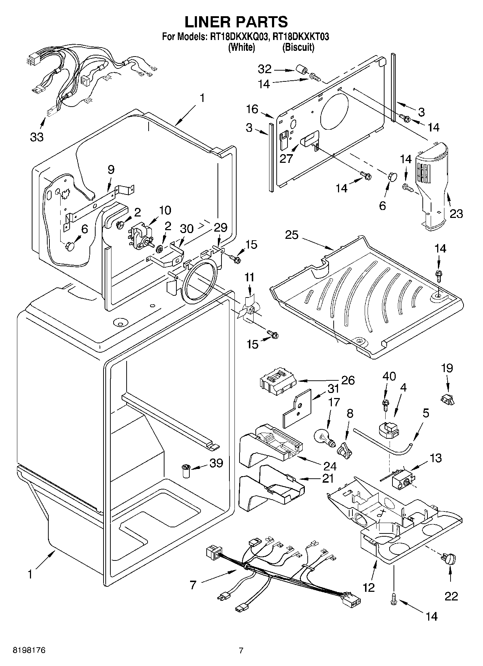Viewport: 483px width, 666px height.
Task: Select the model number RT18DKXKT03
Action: [x=301, y=37]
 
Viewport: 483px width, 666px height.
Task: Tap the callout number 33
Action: [x=37, y=137]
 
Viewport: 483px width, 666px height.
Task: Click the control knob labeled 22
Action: [x=450, y=559]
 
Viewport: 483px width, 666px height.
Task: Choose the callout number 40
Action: [x=389, y=376]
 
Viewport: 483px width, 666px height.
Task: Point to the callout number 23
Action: [x=456, y=214]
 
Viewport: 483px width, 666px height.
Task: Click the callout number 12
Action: [x=369, y=588]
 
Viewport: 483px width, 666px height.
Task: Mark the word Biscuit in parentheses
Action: [x=298, y=47]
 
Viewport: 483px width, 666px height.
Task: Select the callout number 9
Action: [x=111, y=169]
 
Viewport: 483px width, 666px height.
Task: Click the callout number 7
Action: [x=193, y=585]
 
